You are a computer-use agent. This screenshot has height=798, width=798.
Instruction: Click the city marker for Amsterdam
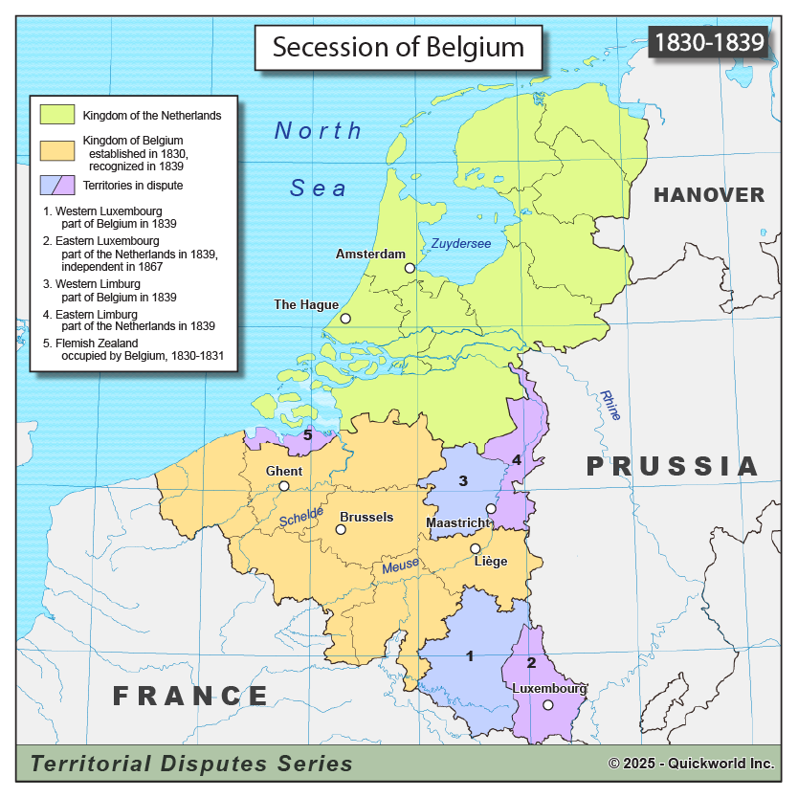pyautogui.click(x=410, y=269)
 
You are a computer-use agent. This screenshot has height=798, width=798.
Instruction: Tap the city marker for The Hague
pyautogui.click(x=345, y=319)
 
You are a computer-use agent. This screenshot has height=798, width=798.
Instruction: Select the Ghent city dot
pyautogui.click(x=284, y=486)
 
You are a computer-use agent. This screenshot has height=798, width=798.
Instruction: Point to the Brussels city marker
pyautogui.click(x=341, y=529)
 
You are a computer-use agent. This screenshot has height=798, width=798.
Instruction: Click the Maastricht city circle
pyautogui.click(x=491, y=509)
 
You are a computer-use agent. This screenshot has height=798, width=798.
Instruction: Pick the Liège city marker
pyautogui.click(x=476, y=548)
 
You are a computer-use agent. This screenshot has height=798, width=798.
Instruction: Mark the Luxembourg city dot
pyautogui.click(x=547, y=705)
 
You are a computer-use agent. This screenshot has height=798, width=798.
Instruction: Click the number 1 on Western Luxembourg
pyautogui.click(x=469, y=656)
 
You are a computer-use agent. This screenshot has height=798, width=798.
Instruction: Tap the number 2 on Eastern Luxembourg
pyautogui.click(x=532, y=663)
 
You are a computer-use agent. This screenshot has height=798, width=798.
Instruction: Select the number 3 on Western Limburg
pyautogui.click(x=463, y=480)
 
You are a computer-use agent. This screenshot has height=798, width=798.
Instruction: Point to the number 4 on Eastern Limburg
pyautogui.click(x=517, y=460)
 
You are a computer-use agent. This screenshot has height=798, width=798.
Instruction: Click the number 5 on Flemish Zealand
pyautogui.click(x=307, y=435)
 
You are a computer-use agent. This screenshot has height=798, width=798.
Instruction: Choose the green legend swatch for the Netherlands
pyautogui.click(x=57, y=114)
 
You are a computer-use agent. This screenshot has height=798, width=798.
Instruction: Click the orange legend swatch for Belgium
pyautogui.click(x=57, y=149)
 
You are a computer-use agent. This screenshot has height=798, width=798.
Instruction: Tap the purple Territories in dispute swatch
pyautogui.click(x=57, y=184)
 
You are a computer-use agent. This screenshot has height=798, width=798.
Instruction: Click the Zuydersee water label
pyautogui.click(x=460, y=244)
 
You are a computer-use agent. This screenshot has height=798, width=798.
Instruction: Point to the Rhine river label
pyautogui.click(x=610, y=405)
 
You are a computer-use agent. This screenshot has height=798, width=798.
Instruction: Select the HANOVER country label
pyautogui.click(x=708, y=195)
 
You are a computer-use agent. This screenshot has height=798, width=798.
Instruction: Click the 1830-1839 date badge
pyautogui.click(x=708, y=42)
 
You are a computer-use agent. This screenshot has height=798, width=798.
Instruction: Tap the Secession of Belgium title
pyautogui.click(x=398, y=48)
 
